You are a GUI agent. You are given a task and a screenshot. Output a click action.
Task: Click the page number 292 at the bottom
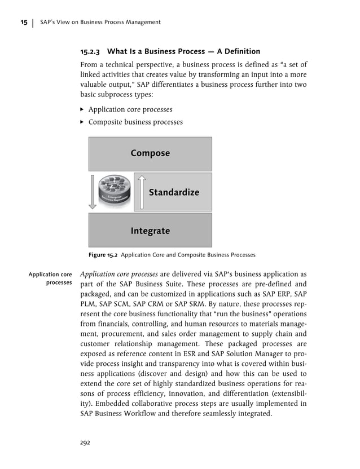[85, 443]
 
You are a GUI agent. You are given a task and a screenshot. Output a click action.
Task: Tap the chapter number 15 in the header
[24, 23]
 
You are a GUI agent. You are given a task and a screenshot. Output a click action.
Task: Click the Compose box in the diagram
[150, 153]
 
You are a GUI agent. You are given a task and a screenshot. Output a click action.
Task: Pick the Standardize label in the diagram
[174, 192]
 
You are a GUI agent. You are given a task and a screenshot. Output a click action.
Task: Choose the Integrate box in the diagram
[150, 231]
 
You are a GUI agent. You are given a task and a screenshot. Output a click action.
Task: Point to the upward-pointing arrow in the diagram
[142, 192]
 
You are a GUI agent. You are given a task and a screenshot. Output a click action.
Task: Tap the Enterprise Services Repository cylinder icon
[115, 192]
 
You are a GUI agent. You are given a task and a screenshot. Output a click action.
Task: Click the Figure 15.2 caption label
[103, 255]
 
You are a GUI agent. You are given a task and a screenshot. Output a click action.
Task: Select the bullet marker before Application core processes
[83, 109]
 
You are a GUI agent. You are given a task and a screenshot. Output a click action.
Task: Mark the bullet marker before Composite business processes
[83, 122]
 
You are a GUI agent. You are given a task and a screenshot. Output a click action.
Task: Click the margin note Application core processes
[51, 278]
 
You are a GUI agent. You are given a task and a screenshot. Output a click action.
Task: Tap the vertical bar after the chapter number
[33, 23]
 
